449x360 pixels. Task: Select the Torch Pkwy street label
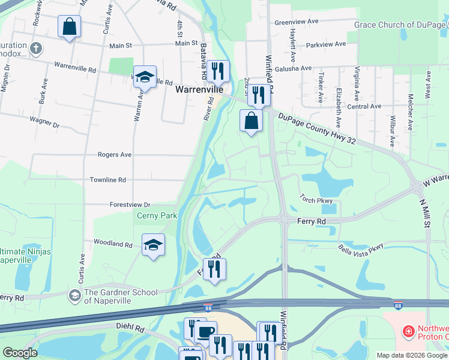pyautogui.click(x=316, y=200)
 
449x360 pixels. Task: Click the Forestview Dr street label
pyautogui.click(x=130, y=205)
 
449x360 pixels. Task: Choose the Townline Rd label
pyautogui.click(x=108, y=179)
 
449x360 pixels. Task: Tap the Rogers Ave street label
pyautogui.click(x=115, y=154)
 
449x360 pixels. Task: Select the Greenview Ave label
pyautogui.click(x=296, y=22)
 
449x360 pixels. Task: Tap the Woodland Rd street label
pyautogui.click(x=113, y=244)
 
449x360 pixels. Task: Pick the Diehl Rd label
pyautogui.click(x=131, y=329)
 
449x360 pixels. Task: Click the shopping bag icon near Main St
pyautogui.click(x=70, y=26)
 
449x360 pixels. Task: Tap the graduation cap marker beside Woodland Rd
pyautogui.click(x=154, y=245)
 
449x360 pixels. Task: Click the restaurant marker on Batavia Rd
pyautogui.click(x=218, y=71)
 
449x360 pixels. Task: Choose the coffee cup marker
pyautogui.click(x=206, y=332)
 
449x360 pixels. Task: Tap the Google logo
pyautogui.click(x=20, y=353)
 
